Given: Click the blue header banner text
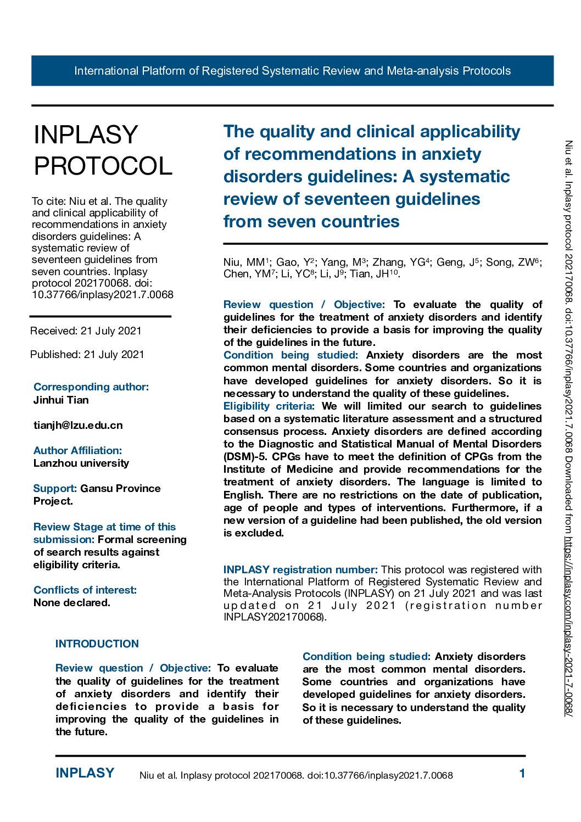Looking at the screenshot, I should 292,71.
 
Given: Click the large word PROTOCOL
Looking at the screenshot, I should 103,166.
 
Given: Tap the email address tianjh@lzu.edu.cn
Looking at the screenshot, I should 78,425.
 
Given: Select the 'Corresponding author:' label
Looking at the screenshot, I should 91,387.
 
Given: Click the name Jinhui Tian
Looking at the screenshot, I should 61,400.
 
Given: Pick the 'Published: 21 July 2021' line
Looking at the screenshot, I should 87,354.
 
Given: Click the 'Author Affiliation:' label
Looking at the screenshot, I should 77,450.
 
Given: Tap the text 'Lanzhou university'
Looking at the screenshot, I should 81,463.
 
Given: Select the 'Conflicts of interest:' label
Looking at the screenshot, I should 85,590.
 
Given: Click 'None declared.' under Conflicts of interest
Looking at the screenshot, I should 72,602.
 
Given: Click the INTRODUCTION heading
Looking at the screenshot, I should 97,644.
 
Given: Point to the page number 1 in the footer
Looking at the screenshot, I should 522,773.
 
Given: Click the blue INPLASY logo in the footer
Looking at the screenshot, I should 85,773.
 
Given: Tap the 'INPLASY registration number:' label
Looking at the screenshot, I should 300,569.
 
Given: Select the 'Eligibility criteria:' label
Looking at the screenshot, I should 269,406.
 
